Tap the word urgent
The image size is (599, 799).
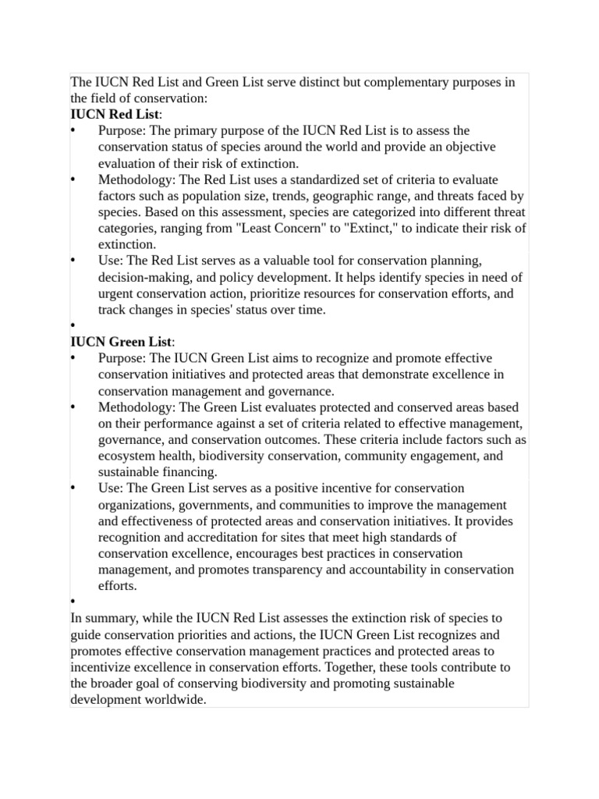116,294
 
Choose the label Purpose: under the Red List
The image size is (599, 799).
122,131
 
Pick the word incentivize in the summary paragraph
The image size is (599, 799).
102,667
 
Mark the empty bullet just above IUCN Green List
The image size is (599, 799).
73,326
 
